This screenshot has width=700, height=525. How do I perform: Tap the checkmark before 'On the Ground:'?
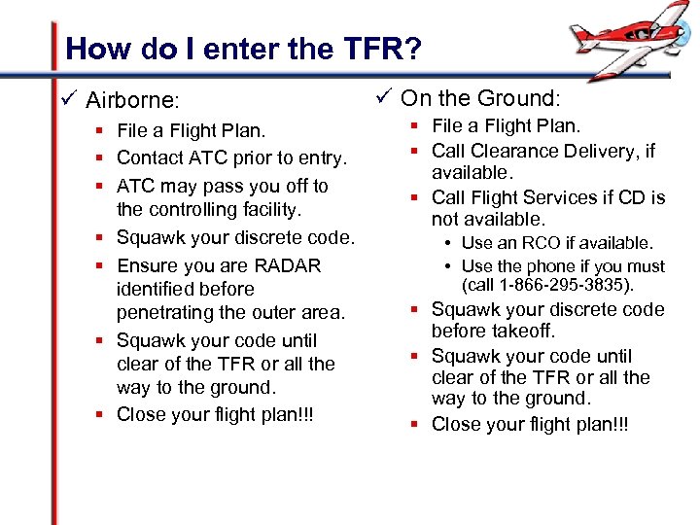pyautogui.click(x=381, y=97)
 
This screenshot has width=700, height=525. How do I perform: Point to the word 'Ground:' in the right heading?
pyautogui.click(x=523, y=98)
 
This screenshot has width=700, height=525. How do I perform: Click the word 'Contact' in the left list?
pyautogui.click(x=148, y=157)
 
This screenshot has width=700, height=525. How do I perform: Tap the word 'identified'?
pyautogui.click(x=157, y=289)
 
